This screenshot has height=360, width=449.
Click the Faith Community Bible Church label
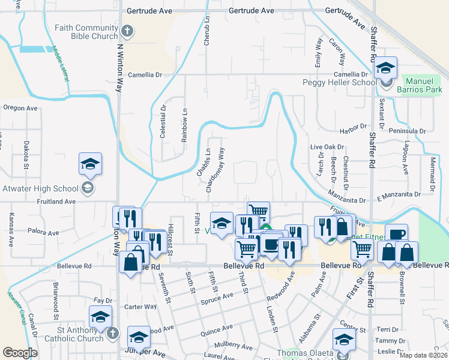[86, 32]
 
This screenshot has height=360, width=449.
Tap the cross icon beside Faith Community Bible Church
[127, 31]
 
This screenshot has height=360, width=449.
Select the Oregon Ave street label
[20, 108]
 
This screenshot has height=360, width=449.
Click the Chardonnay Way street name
[214, 170]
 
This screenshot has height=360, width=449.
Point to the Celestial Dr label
[163, 122]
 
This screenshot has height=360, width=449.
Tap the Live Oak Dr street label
[327, 147]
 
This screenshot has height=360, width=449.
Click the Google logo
[19, 353]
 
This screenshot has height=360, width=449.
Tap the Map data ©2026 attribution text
[423, 355]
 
